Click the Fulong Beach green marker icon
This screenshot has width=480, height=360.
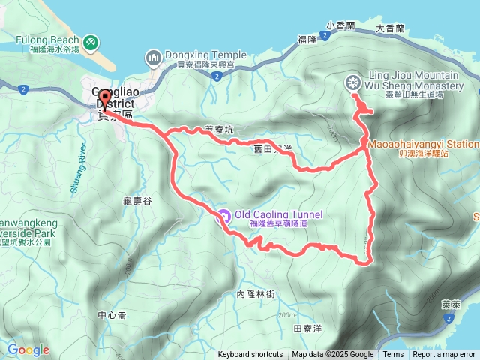90,42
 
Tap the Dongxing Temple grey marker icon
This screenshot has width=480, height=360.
154,56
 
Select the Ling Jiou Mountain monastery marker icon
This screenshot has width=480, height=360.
352,82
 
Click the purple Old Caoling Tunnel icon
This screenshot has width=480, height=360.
223,217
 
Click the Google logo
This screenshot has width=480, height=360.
28,350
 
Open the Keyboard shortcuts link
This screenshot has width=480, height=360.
250,355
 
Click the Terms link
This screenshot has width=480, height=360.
393,355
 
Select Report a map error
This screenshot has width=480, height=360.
444,355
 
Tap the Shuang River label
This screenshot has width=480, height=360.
78,169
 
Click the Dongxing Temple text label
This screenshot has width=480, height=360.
205,55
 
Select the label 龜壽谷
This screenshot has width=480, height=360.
137,202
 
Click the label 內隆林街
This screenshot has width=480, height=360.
256,295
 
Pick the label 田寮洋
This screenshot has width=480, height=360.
307,328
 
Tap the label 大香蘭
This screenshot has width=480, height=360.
389,28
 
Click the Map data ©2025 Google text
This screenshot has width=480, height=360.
333,355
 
